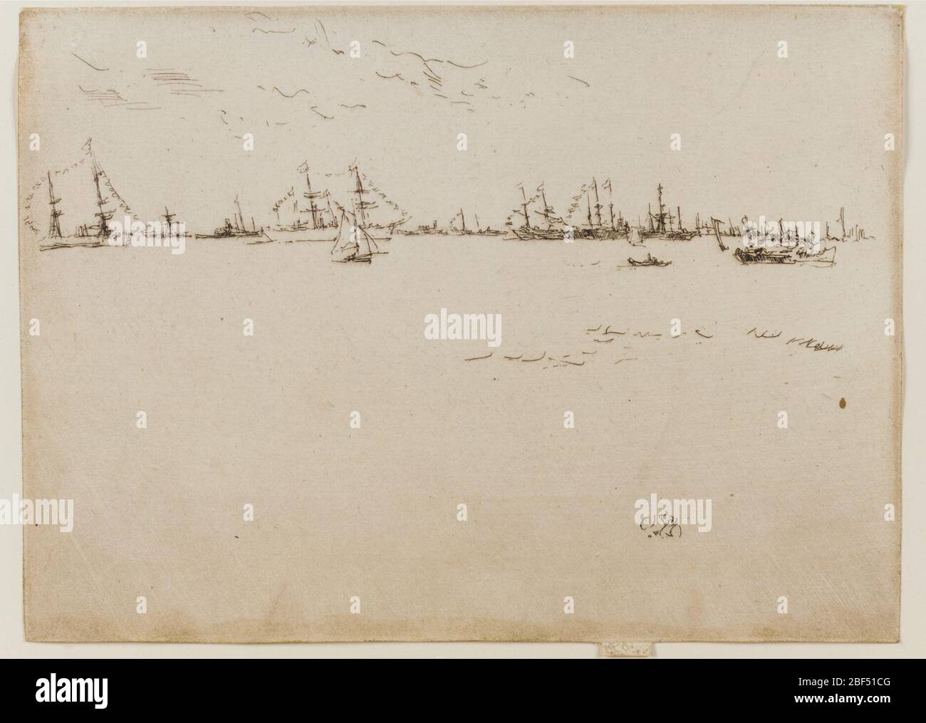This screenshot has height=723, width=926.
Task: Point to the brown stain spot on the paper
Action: (843, 404)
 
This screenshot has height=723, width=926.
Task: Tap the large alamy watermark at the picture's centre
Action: (462, 327)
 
